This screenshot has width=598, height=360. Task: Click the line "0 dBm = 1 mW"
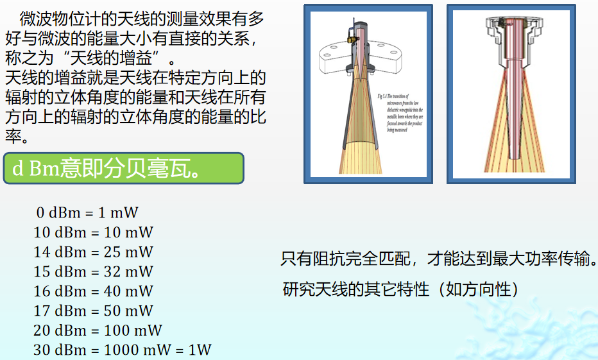coord(87,212)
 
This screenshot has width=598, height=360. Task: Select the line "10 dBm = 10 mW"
coord(94,232)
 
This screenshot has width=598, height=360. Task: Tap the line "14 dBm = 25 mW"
coord(94,252)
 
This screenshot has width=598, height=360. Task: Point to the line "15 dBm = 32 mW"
coord(94,271)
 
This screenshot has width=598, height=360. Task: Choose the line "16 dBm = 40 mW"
coord(94,291)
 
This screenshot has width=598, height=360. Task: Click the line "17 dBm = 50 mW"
coord(94,311)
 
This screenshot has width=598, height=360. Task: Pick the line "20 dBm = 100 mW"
coord(98,330)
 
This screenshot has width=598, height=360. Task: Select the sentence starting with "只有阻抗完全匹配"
coord(439,260)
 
